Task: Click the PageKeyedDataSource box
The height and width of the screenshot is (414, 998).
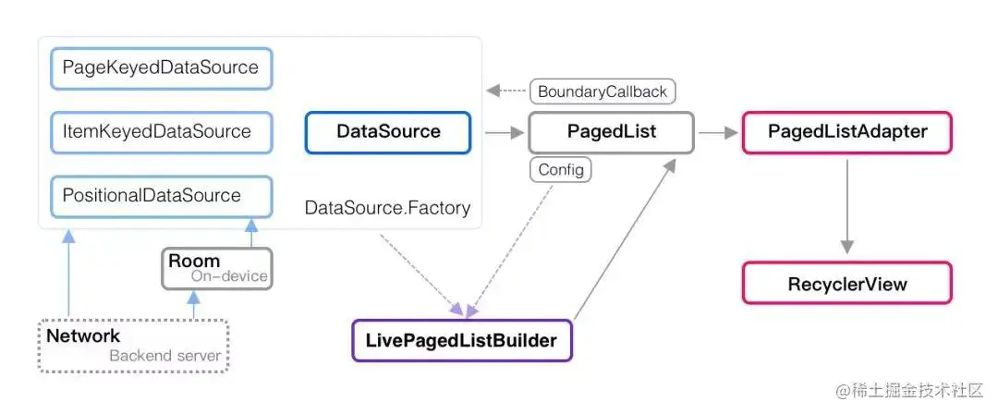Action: click(x=162, y=68)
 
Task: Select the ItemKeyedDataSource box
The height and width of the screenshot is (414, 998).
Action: click(x=162, y=132)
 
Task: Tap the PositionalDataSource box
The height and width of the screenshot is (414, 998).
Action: click(x=162, y=196)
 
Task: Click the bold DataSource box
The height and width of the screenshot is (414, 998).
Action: click(x=388, y=132)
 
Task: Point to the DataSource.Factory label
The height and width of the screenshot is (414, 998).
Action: click(x=387, y=208)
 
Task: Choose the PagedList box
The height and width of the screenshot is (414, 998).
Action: click(x=611, y=132)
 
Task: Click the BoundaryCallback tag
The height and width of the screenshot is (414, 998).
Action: click(x=602, y=91)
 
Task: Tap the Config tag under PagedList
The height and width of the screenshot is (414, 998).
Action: click(x=560, y=170)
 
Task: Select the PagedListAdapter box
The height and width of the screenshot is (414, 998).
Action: click(x=847, y=132)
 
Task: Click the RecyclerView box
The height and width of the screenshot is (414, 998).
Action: click(x=847, y=283)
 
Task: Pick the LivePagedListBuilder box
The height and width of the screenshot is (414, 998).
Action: click(x=462, y=341)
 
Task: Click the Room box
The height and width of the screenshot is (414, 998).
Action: click(x=217, y=268)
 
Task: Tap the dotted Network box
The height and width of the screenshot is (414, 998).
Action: click(x=133, y=345)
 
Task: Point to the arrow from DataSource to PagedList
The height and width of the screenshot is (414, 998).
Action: click(x=503, y=133)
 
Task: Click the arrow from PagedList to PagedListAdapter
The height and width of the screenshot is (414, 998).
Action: click(x=718, y=133)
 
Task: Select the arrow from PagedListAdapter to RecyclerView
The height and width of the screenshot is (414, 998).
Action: click(x=846, y=206)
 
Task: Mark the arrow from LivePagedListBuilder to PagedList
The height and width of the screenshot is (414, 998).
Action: click(x=625, y=238)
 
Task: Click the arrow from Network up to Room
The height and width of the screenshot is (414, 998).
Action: click(x=193, y=304)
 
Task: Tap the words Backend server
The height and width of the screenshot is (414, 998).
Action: click(x=164, y=356)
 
